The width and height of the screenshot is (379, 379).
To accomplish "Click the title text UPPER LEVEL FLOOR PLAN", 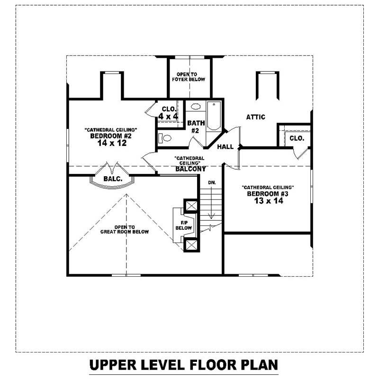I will [183, 366].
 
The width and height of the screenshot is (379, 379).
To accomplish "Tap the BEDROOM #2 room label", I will [110, 136].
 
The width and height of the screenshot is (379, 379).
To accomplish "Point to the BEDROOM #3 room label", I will [268, 194].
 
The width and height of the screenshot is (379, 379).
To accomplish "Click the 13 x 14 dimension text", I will [268, 201].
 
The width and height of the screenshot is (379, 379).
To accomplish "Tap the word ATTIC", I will [255, 117].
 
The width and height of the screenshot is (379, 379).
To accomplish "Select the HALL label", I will [225, 147].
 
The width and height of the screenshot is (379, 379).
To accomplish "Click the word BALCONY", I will [190, 169].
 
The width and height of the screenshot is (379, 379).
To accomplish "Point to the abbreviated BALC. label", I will [113, 179].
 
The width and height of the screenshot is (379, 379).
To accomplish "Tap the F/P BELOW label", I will [184, 225].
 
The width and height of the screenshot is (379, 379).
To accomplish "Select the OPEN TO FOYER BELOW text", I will [190, 77].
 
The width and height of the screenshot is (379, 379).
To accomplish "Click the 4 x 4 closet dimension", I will [169, 116].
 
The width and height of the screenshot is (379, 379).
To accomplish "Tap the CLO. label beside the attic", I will [297, 139].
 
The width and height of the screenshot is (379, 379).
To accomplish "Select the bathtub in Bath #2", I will [214, 117].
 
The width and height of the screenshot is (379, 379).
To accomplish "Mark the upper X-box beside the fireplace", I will [191, 206].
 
